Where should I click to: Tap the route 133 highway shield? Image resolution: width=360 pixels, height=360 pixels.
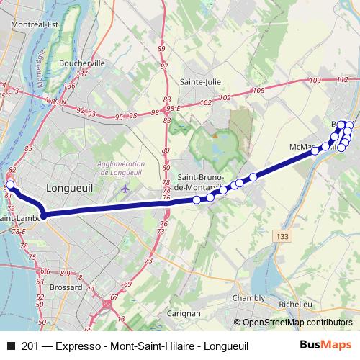[282, 235]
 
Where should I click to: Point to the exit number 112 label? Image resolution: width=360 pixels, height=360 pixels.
[342, 80]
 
